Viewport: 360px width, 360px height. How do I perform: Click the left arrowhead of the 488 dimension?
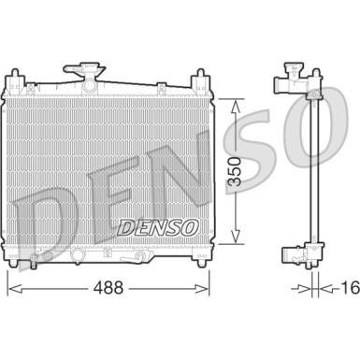coord(12,289)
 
